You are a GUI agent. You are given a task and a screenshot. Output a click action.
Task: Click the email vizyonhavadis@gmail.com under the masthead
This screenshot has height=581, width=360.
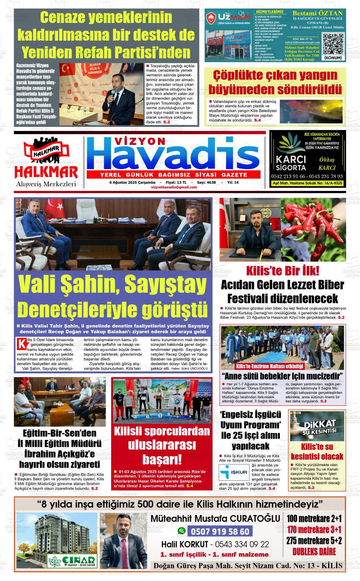174,187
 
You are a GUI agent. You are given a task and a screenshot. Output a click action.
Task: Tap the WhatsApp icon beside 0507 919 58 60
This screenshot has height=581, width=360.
181,531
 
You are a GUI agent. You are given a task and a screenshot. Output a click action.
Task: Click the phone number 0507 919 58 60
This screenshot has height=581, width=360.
220,532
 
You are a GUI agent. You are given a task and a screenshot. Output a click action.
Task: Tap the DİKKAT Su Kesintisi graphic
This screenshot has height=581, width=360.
317,426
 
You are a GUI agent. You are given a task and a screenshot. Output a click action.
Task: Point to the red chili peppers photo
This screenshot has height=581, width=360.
313,230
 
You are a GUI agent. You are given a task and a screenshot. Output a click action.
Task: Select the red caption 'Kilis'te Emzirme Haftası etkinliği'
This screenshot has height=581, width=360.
270,366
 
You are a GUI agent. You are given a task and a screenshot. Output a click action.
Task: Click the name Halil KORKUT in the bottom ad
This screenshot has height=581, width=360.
184,544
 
